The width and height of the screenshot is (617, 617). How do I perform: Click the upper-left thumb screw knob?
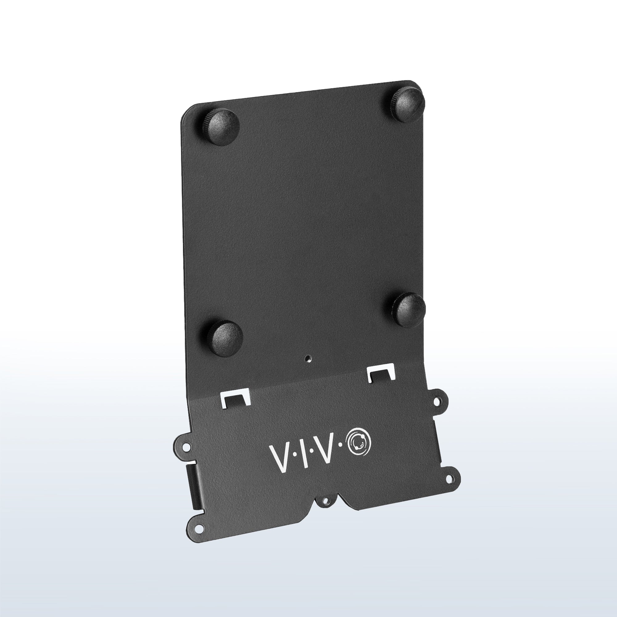(x=223, y=127)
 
